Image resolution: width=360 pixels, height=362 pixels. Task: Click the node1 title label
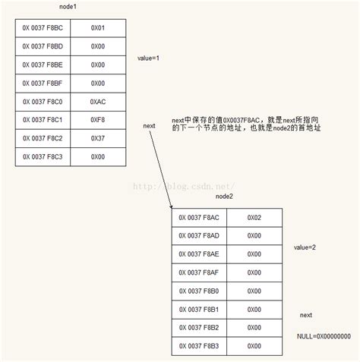(x=68, y=7)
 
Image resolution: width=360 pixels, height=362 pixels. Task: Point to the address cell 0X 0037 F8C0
(x=43, y=101)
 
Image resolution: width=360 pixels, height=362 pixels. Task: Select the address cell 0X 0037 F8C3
(x=43, y=156)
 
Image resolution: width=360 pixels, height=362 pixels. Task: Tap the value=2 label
(x=305, y=247)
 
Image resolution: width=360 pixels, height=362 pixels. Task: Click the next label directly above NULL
(x=306, y=314)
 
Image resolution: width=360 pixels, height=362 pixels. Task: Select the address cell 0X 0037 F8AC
(x=199, y=217)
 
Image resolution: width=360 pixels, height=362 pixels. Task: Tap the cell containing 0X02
(x=254, y=217)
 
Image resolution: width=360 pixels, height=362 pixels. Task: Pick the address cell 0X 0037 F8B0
(x=199, y=291)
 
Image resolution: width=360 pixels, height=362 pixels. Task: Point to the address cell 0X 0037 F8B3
(x=199, y=346)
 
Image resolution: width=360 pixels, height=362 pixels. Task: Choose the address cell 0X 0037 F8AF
(x=199, y=272)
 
